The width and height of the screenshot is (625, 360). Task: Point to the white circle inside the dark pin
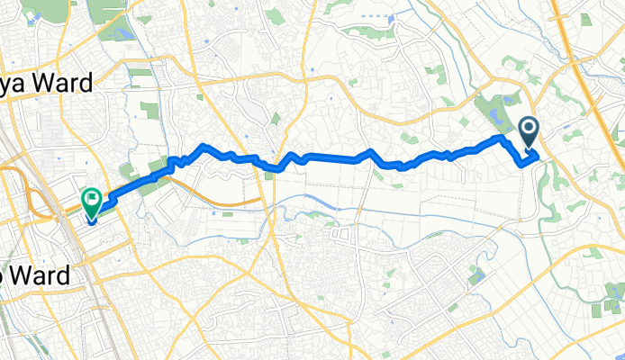coord(529,131)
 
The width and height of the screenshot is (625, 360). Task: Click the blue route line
coord(333,157)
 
